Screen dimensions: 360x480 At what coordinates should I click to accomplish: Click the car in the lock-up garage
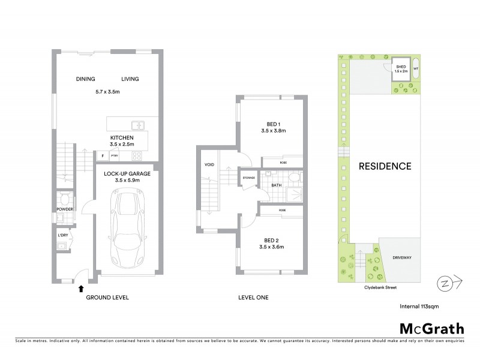coord(127,229)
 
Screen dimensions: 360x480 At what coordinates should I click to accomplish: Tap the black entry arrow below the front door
coord(81,289)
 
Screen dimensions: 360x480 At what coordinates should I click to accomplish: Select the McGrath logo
coord(431,328)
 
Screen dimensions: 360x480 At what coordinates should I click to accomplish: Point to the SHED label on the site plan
coord(400,67)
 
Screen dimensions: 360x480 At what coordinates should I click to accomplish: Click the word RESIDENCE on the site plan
coord(385,166)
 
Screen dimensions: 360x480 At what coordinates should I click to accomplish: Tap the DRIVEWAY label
coord(403,259)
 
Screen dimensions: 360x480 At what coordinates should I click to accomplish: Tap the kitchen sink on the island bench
coord(138,125)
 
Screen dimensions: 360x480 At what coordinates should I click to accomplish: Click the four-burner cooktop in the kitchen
coord(137,155)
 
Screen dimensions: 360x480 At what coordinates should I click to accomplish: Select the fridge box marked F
coord(103,156)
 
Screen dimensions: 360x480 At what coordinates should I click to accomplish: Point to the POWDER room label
coord(64,209)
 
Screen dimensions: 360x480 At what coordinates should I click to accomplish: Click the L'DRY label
coord(64,235)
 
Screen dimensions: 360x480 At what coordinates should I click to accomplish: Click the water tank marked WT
coord(416,69)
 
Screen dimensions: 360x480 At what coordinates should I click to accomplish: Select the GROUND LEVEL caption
coord(107,298)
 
